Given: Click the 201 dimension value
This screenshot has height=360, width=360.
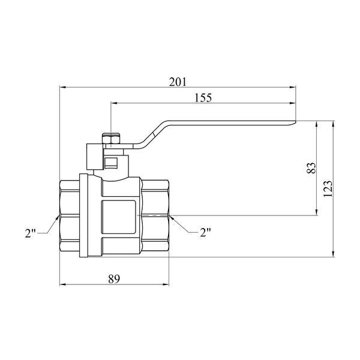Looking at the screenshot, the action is pyautogui.click(x=178, y=82).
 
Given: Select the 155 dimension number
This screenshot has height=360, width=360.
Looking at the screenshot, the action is pyautogui.click(x=203, y=98).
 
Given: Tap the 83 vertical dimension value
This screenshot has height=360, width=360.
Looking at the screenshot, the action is pyautogui.click(x=311, y=168).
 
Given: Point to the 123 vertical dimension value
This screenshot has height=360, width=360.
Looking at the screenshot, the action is pyautogui.click(x=328, y=189).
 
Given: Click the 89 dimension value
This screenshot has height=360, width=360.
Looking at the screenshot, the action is pyautogui.click(x=114, y=279).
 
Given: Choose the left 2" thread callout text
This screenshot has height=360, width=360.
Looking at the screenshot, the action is pyautogui.click(x=30, y=233).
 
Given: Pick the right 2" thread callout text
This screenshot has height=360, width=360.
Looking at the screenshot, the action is pyautogui.click(x=205, y=232).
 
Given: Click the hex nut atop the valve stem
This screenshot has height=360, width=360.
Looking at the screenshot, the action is pyautogui.click(x=111, y=139).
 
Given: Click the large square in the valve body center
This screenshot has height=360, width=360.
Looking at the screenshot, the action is pyautogui.click(x=119, y=217).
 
